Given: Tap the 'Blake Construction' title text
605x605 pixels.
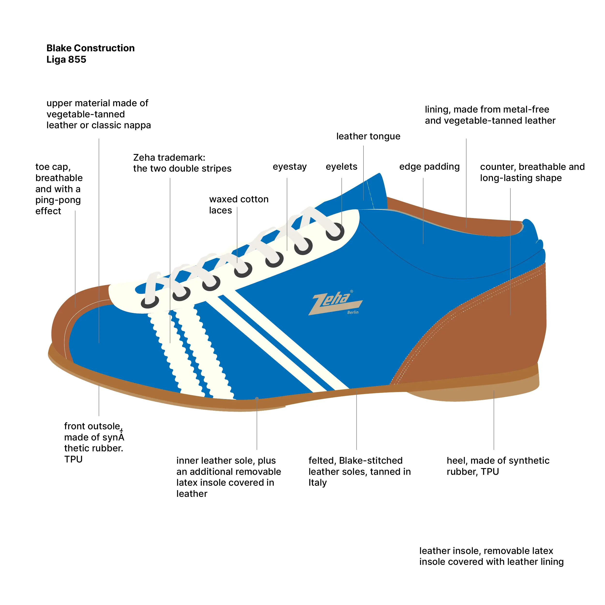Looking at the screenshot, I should point(91,48).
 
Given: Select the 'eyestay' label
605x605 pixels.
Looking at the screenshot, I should point(289,166).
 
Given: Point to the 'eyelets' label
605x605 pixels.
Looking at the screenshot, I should point(341,166).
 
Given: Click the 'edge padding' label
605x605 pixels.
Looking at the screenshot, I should point(429,166).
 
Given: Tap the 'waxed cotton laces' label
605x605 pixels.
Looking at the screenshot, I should point(239,204).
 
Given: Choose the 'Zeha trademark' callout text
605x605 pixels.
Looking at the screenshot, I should point(182,163).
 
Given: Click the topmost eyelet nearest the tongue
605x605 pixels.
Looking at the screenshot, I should point(335,231).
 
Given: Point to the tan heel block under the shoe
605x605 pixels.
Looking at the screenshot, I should point(489,391).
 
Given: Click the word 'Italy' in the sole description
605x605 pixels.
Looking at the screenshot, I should point(317,483).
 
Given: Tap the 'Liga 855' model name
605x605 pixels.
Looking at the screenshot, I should point(66,60).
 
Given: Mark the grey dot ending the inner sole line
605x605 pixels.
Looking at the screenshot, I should point(257,399).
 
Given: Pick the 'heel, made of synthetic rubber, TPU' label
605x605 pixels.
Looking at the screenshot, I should point(498,466).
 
